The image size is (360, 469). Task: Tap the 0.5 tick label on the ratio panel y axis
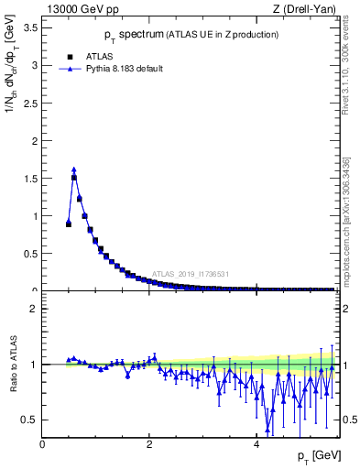click(30, 420)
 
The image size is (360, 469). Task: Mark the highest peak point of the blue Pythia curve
click(74, 169)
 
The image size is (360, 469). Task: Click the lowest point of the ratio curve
click(267, 429)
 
